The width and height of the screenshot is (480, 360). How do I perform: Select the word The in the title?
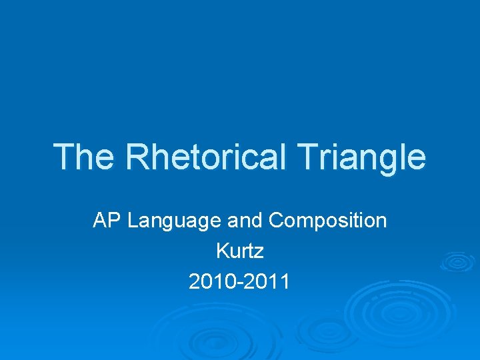[84, 157]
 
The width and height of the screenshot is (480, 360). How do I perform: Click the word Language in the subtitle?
[167, 221]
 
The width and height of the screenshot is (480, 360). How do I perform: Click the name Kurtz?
[240, 251]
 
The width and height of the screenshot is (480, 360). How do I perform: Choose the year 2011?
[267, 282]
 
